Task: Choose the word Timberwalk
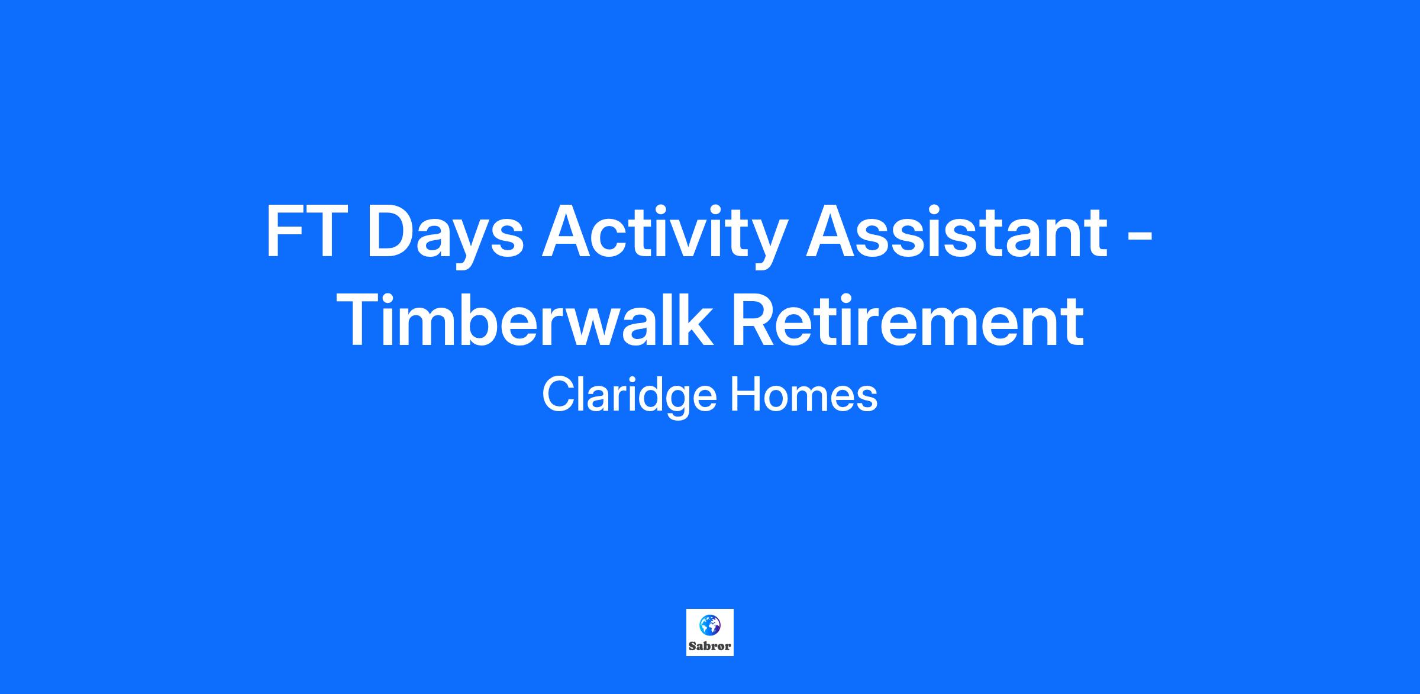(527, 320)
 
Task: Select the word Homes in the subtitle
(804, 395)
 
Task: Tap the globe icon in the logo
(710, 625)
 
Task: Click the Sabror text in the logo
(710, 647)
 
